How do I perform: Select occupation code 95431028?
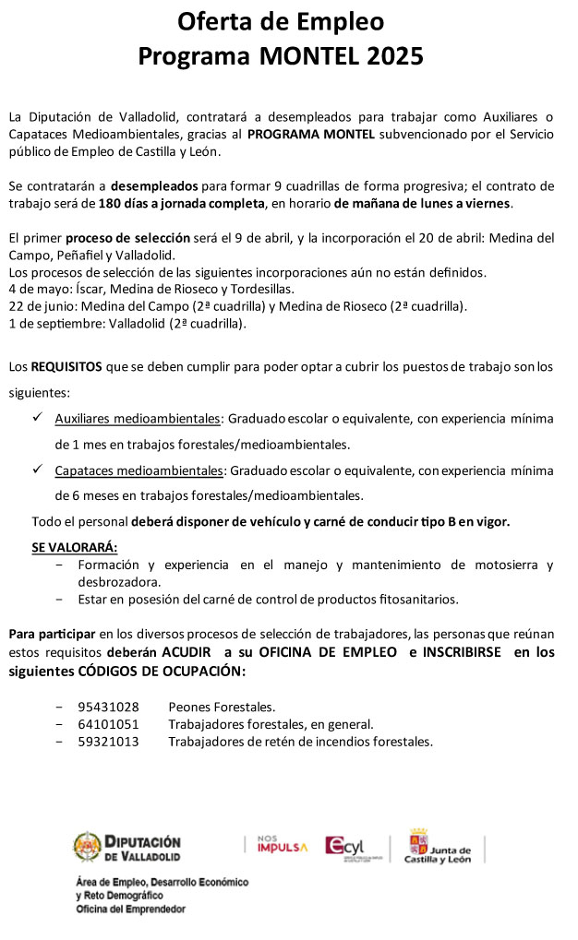coord(108,708)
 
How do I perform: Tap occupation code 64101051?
coord(108,724)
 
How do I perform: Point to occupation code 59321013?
coord(108,741)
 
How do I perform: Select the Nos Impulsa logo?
coord(282,845)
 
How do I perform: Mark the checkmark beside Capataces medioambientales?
coord(38,470)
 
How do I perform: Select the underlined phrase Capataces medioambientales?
coord(138,470)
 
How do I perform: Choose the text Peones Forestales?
coord(222,708)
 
